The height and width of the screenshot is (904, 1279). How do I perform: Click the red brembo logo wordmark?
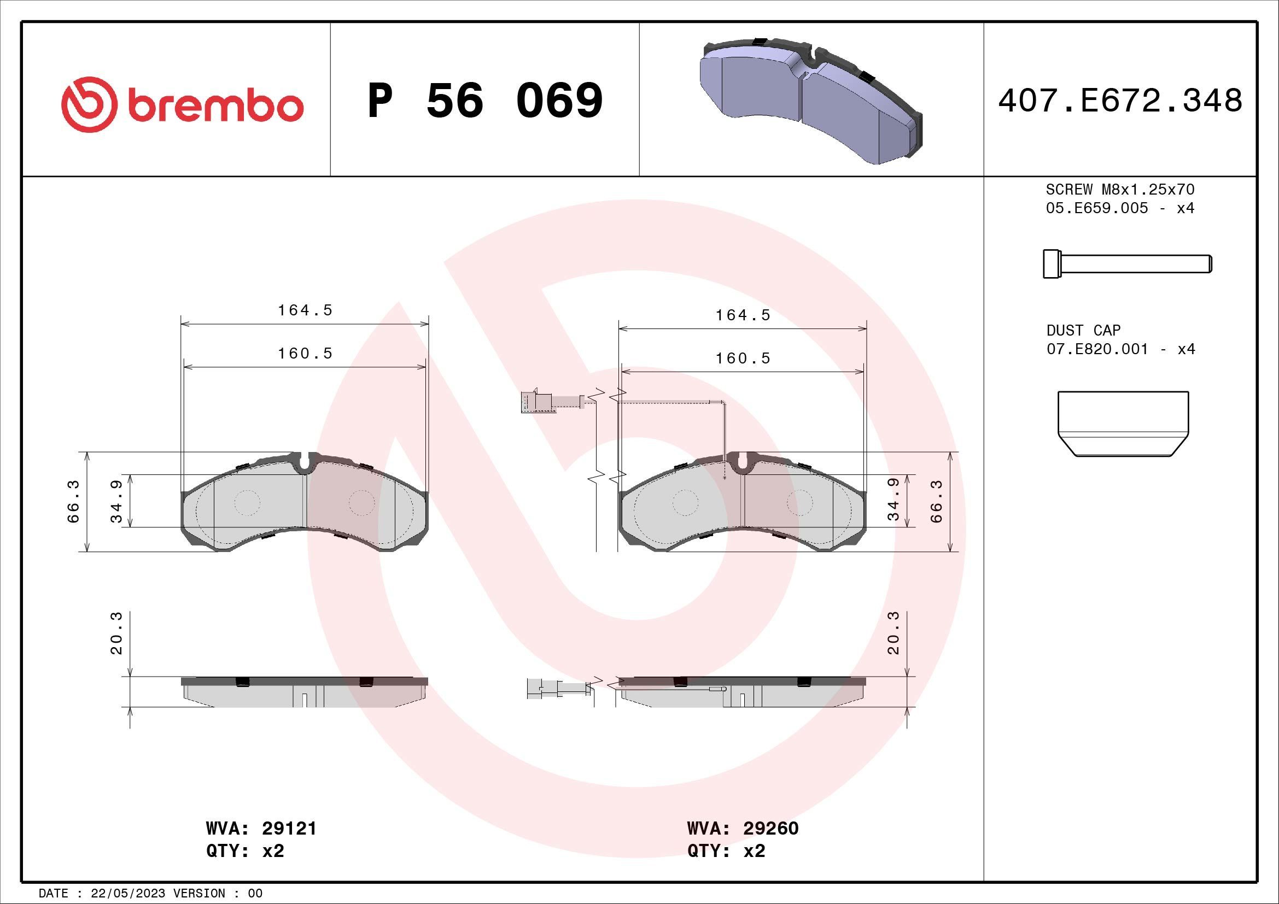[182, 104]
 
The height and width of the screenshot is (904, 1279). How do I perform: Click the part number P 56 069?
[485, 101]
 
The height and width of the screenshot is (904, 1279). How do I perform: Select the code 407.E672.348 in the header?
[1120, 101]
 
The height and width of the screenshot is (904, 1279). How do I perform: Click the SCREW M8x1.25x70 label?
[1120, 189]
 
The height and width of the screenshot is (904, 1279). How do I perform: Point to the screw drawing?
[1127, 263]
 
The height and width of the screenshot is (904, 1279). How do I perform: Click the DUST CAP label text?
[1083, 330]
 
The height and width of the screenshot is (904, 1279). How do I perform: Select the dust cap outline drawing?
[1123, 424]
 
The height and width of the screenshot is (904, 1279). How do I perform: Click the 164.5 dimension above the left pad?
[305, 310]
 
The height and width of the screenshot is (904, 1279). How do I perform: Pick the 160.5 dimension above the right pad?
[743, 359]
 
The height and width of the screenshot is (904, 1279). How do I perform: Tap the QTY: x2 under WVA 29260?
[726, 851]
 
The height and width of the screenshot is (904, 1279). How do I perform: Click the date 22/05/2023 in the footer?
[127, 894]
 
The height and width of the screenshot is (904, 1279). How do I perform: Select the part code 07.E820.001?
[1097, 349]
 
